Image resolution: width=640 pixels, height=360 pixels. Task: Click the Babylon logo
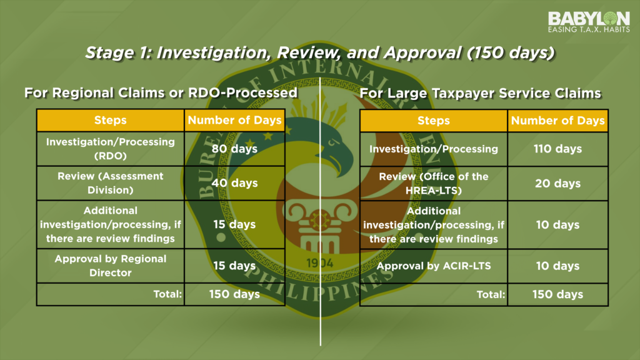coord(589,22)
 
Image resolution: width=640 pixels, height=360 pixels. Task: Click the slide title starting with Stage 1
coord(319,53)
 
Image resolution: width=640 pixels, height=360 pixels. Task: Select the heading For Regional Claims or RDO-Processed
coord(161,93)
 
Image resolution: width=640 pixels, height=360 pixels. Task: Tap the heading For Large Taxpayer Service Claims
coord(480,94)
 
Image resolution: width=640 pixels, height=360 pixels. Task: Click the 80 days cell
coord(235,149)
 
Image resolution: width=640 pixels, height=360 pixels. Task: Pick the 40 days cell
coord(235,183)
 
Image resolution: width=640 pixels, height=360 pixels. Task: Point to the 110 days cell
coord(557,149)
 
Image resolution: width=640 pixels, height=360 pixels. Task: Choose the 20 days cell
coord(557,184)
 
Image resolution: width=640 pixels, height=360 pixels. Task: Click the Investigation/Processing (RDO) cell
coord(110,149)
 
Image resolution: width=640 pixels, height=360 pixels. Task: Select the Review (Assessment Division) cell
coord(110,183)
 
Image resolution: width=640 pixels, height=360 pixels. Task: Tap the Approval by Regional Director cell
coord(110,266)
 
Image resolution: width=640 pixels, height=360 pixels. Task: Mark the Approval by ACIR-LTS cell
coord(434,266)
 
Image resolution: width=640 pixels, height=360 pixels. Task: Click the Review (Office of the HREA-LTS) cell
coord(434,184)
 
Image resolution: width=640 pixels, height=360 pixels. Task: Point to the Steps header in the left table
coord(110,120)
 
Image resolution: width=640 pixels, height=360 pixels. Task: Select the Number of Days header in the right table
coord(557,121)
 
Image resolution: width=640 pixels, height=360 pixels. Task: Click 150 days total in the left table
coord(235,294)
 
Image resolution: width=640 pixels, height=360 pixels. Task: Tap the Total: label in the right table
coord(491,294)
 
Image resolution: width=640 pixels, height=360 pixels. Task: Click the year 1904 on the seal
coord(320,263)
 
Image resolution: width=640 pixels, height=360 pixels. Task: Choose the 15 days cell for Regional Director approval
coord(235,266)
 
